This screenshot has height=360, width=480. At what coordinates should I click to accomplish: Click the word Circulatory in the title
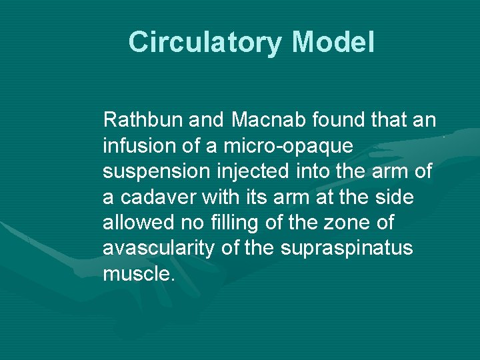click(x=206, y=42)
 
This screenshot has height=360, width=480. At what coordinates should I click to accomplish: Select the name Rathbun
click(x=143, y=121)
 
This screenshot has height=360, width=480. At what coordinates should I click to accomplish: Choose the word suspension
click(x=149, y=172)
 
